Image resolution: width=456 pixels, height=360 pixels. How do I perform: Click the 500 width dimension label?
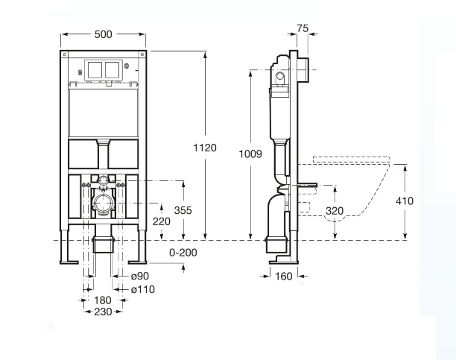click(x=104, y=34)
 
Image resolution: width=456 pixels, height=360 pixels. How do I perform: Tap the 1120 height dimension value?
click(x=205, y=148)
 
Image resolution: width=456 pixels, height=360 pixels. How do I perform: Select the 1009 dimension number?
click(x=250, y=154)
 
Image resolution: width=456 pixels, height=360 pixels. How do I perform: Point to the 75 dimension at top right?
click(x=303, y=28)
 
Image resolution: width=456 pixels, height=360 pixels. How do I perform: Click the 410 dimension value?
click(x=405, y=200)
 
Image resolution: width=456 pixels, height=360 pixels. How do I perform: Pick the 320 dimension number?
click(x=335, y=211)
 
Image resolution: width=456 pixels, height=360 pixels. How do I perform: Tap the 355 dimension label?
click(x=183, y=210)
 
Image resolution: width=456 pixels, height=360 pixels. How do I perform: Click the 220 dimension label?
click(x=162, y=221)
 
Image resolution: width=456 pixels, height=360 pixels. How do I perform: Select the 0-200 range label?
click(x=183, y=253)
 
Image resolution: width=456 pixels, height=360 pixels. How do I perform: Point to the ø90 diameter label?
click(x=139, y=276)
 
